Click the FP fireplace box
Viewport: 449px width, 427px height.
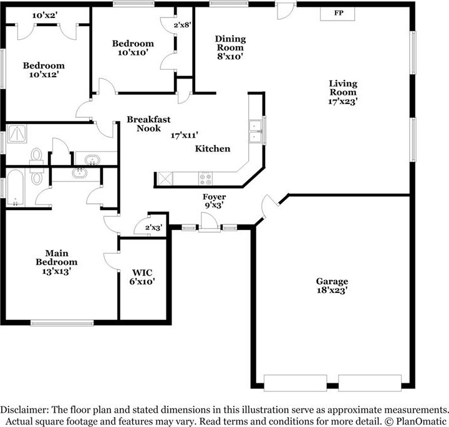[337, 14]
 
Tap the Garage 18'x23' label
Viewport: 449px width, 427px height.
[332, 285]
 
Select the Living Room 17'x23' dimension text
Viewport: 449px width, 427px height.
[343, 102]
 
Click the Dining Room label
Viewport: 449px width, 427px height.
[231, 43]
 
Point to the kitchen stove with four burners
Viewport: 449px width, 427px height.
[205, 178]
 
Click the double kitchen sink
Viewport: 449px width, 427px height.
[256, 132]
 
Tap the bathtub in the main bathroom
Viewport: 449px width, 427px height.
[15, 188]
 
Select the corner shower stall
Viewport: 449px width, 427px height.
[17, 133]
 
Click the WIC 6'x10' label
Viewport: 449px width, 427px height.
[142, 277]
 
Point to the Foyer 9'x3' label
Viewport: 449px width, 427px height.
[214, 201]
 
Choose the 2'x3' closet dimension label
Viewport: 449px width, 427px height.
[154, 228]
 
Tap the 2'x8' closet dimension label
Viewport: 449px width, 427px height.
[182, 25]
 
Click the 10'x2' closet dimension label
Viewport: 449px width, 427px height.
[45, 16]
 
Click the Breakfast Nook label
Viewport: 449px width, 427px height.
[148, 123]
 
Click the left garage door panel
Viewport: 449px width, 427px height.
[295, 383]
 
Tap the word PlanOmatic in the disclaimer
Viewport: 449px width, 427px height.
[420, 421]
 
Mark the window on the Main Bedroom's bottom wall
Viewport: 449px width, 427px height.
[62, 323]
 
